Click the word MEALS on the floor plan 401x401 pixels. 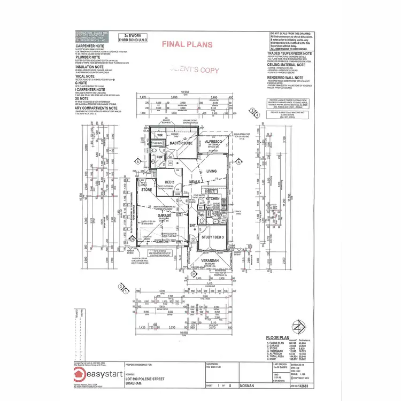(x=195, y=182)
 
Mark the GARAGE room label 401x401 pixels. (x=150, y=216)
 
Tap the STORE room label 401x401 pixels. (x=146, y=190)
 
